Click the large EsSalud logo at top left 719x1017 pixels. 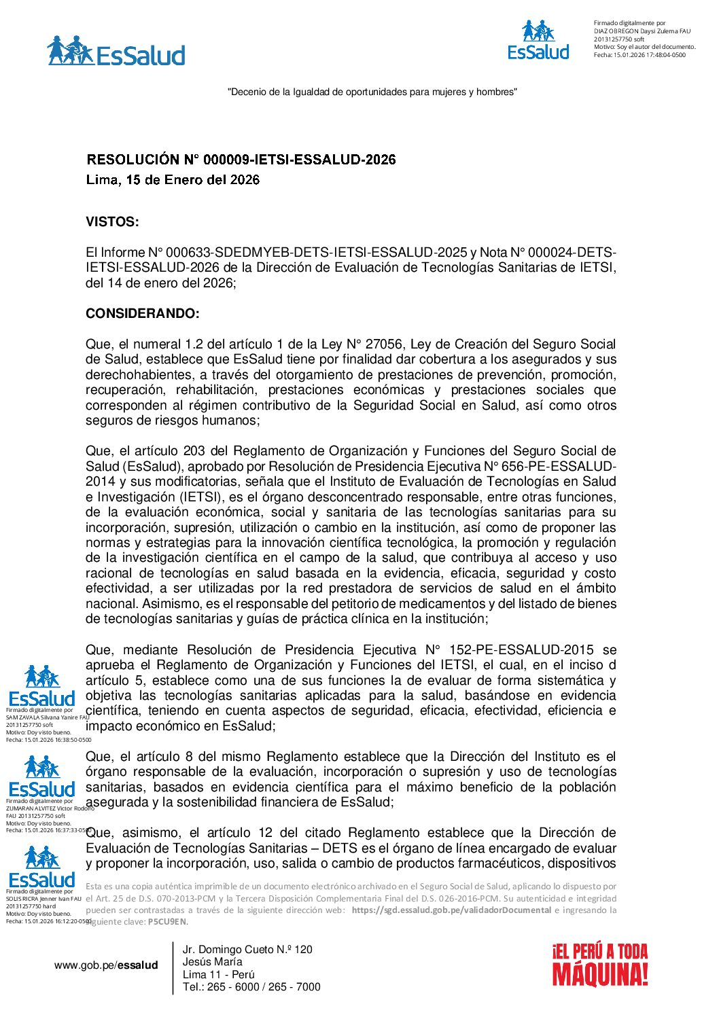(116, 52)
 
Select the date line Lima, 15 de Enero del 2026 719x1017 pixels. (173, 180)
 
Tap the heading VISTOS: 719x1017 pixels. (112, 222)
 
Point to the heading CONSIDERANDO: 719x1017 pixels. (143, 314)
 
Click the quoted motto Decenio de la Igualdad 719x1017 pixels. (372, 92)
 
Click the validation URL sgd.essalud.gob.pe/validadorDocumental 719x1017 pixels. (451, 910)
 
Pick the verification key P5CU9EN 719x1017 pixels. (166, 922)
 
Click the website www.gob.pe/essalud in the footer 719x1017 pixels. (106, 965)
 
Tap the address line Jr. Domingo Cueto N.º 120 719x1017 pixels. (247, 950)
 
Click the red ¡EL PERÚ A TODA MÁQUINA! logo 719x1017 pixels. (599, 965)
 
